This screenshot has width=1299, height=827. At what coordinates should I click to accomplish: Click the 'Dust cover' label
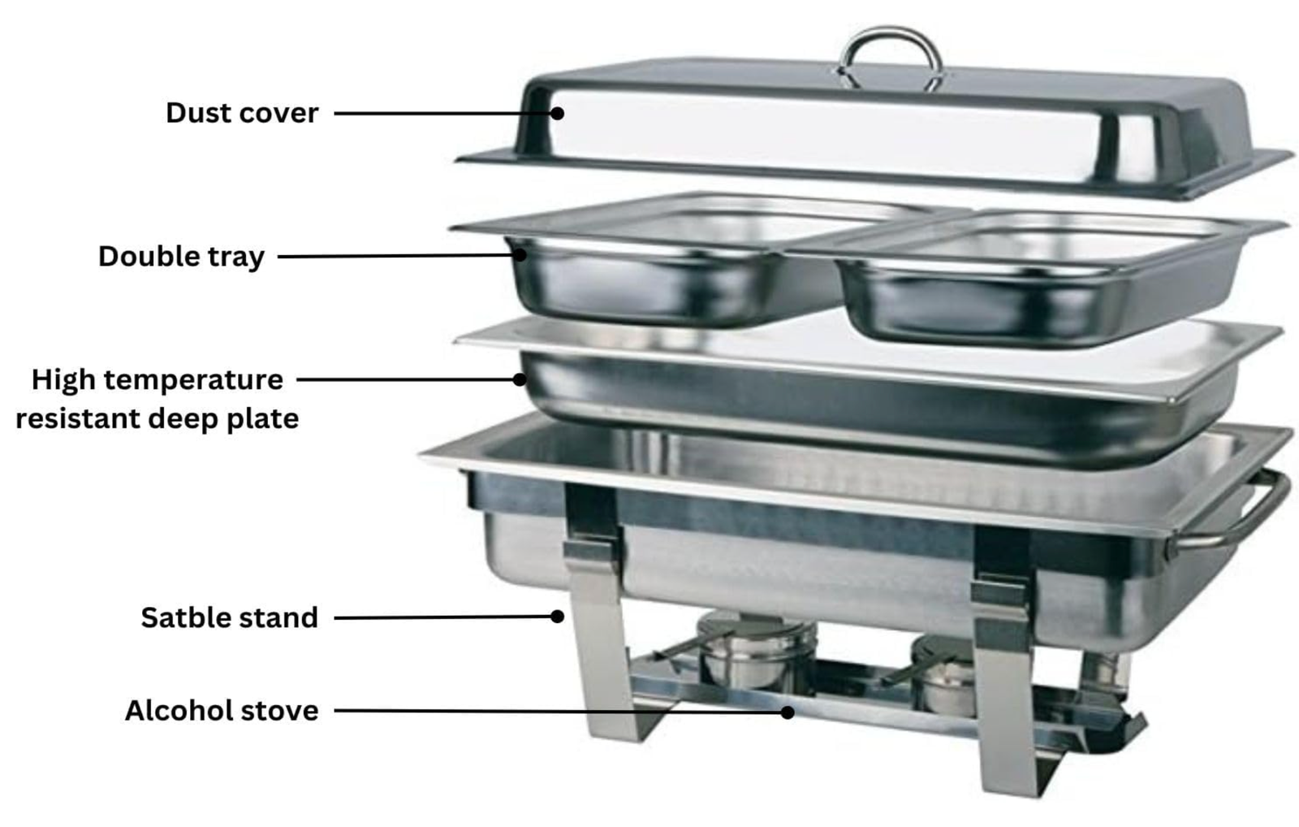click(x=242, y=113)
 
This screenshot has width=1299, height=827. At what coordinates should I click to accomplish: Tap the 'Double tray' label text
click(x=181, y=257)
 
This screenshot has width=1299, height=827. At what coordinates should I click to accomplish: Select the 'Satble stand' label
click(x=229, y=617)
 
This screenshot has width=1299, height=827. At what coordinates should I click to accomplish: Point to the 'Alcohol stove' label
click(x=222, y=710)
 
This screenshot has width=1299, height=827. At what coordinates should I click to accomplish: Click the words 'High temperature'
click(x=158, y=381)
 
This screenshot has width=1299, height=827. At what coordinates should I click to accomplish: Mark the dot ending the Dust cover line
click(x=557, y=113)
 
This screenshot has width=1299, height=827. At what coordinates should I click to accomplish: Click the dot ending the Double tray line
click(x=520, y=254)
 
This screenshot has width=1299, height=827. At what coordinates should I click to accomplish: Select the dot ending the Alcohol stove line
click(x=787, y=712)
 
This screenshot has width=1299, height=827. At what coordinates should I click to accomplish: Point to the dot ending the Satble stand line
click(x=557, y=617)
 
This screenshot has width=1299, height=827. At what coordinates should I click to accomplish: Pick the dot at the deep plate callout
click(x=520, y=379)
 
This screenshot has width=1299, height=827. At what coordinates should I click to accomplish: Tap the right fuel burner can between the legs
click(x=944, y=676)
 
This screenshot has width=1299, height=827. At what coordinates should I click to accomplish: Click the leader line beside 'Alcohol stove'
click(x=561, y=711)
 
